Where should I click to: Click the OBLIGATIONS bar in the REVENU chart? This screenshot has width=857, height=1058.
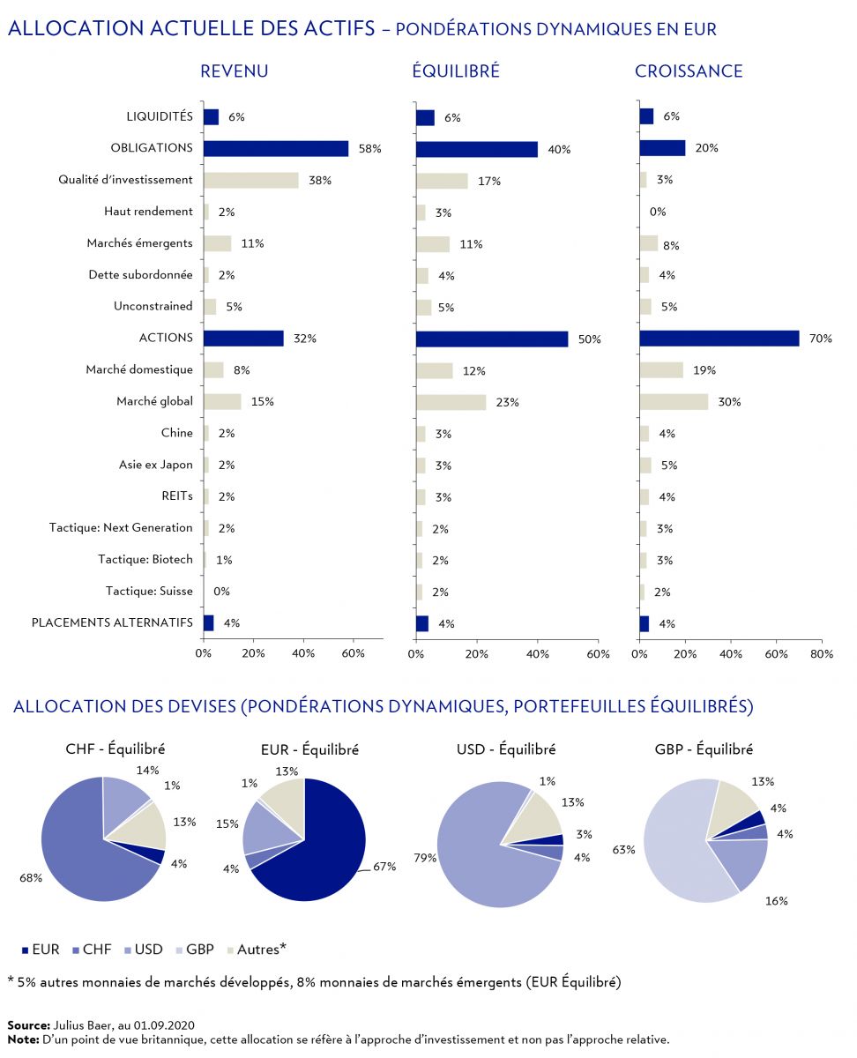[275, 148]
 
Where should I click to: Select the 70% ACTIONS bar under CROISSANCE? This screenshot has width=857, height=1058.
[719, 339]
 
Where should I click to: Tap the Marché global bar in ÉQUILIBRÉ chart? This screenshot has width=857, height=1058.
[451, 402]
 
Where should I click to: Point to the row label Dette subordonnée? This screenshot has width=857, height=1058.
[140, 275]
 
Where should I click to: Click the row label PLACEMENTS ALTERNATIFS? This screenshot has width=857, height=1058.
[112, 622]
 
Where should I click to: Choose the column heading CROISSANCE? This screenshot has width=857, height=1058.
[689, 71]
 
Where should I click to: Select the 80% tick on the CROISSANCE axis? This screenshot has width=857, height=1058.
[822, 654]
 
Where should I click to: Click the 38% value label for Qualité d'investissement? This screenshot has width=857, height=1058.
[319, 180]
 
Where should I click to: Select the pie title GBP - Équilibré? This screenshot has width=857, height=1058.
[704, 749]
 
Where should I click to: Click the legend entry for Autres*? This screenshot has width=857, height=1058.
[262, 950]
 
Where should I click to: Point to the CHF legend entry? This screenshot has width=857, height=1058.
[96, 950]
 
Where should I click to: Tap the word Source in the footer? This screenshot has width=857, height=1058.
[26, 1025]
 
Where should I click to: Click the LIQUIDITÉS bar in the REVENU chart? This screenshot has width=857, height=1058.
[211, 116]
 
